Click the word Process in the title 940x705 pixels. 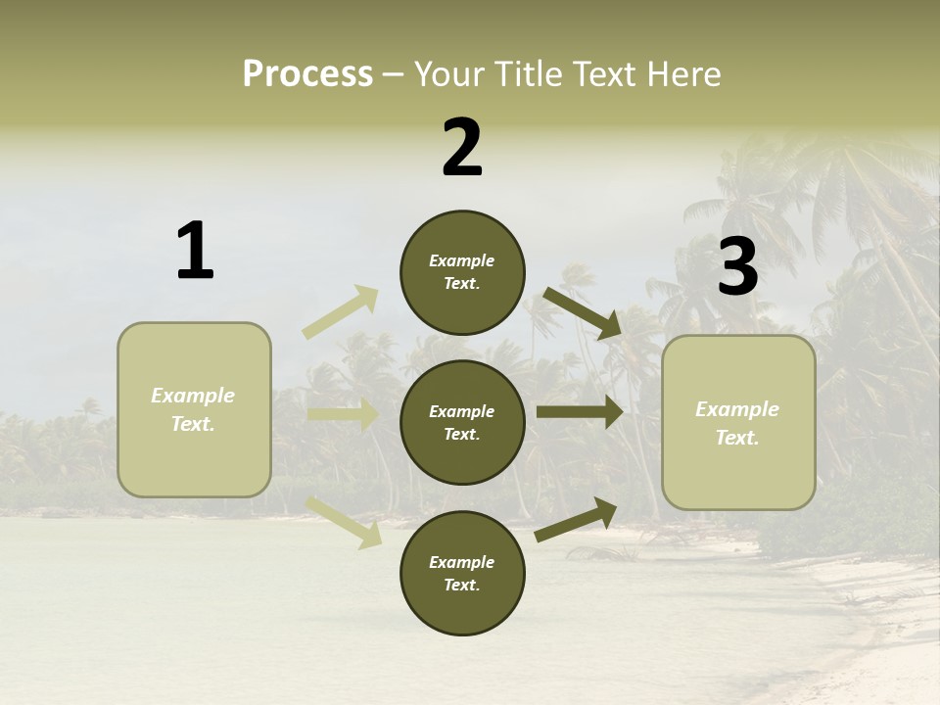[x=307, y=74]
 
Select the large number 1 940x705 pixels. [x=195, y=251]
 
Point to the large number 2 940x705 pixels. [x=462, y=148]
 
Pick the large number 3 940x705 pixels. [x=737, y=266]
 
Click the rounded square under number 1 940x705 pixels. [x=194, y=409]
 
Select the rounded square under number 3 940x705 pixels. [x=738, y=423]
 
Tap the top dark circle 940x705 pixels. [x=462, y=272]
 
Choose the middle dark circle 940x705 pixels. [x=462, y=423]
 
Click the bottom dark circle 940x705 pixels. [x=462, y=574]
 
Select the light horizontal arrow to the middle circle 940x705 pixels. [x=343, y=415]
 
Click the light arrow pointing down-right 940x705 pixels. [x=344, y=521]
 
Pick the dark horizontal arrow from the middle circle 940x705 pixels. [x=580, y=412]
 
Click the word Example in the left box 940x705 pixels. [x=193, y=396]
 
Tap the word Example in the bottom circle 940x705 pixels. [x=462, y=562]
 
